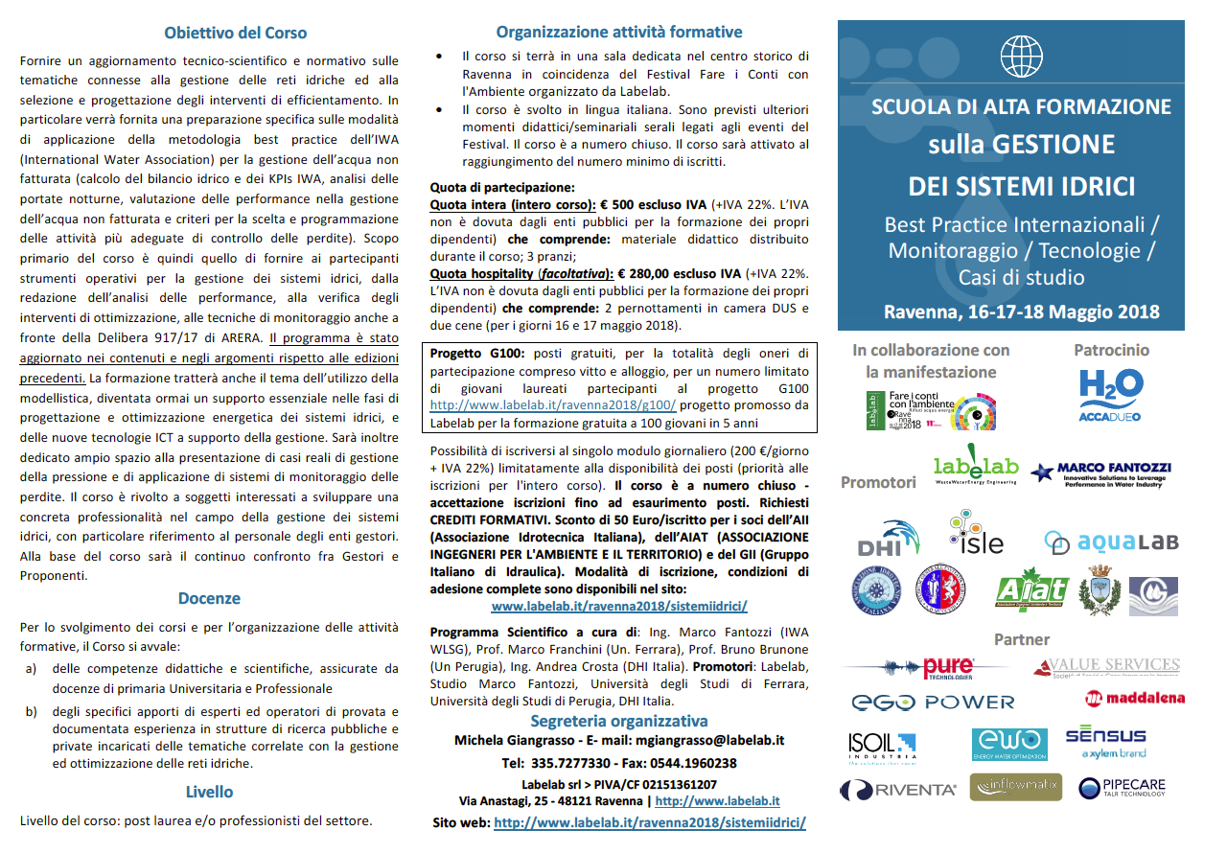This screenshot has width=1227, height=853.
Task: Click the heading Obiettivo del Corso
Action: click(235, 33)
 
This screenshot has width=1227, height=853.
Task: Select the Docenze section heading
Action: click(209, 599)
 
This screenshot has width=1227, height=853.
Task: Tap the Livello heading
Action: click(209, 792)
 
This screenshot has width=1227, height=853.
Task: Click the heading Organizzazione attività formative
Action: click(619, 33)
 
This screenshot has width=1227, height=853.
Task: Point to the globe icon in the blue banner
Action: click(1020, 57)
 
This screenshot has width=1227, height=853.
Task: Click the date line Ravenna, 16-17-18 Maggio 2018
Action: click(1021, 312)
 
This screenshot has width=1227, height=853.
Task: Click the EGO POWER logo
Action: click(932, 703)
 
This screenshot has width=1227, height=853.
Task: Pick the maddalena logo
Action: click(1134, 698)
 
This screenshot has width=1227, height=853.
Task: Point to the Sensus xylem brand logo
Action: click(1105, 742)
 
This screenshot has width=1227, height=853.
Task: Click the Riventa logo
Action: click(898, 790)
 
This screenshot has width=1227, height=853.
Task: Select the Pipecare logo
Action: click(1122, 788)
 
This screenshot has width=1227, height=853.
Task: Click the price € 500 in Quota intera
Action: click(621, 205)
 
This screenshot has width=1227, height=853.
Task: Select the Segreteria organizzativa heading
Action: click(619, 721)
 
